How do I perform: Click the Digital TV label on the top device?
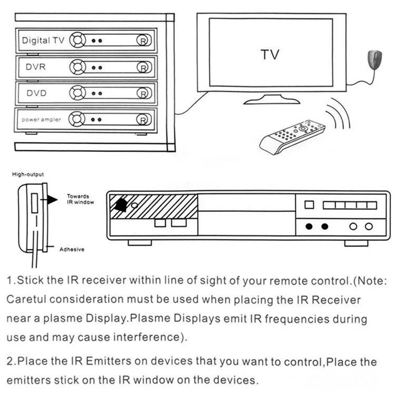[x=42, y=40]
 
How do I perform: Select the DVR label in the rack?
[x=36, y=67]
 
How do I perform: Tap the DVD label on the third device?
[x=36, y=93]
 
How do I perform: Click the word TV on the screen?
[x=270, y=54]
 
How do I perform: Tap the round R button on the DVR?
[x=143, y=67]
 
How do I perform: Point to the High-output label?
[x=28, y=174]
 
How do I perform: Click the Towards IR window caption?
[x=80, y=199]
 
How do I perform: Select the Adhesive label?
[x=72, y=249]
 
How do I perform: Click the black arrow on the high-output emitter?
[x=52, y=199]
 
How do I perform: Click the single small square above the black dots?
[x=309, y=204]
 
